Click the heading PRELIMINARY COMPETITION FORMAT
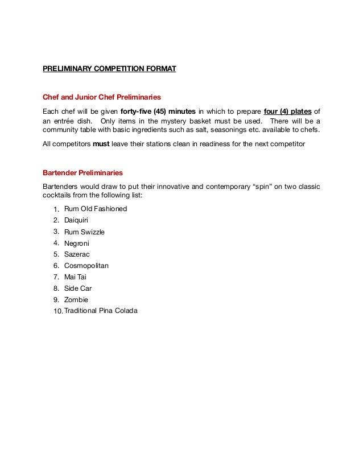click(110, 69)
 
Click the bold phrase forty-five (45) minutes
click(158, 110)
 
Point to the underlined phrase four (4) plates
click(288, 110)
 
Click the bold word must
click(101, 145)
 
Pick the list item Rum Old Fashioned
click(96, 209)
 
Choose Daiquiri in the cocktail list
click(77, 220)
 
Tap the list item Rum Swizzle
click(84, 232)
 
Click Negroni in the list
click(77, 243)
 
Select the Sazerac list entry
click(77, 254)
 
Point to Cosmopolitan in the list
click(86, 266)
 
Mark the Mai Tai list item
click(76, 277)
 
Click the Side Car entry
click(78, 288)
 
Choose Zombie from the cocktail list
click(76, 300)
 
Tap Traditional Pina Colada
click(101, 311)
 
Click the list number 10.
click(57, 312)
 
